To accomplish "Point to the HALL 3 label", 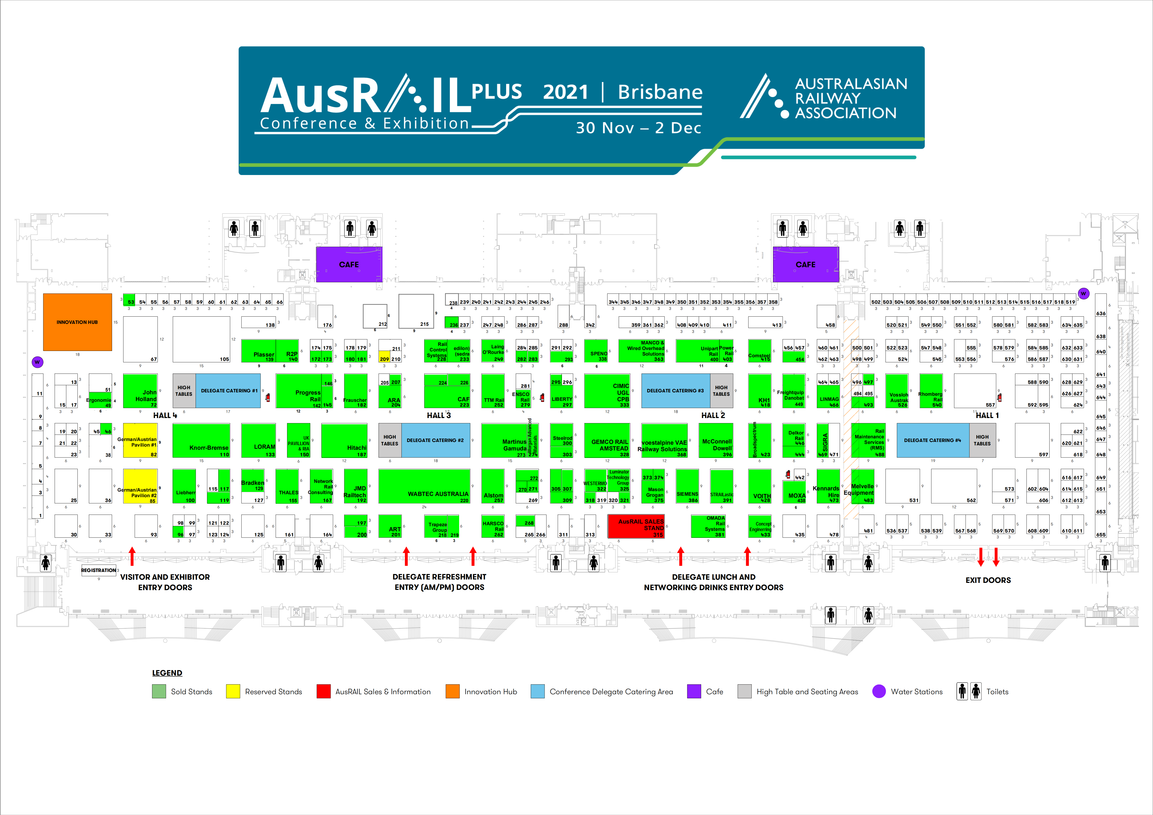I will point(438,415).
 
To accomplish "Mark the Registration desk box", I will point(99,571).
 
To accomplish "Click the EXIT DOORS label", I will point(988,580).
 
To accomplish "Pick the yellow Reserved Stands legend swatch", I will point(233,692).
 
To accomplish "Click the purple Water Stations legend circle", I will point(879,692).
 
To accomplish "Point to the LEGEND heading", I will point(167,673).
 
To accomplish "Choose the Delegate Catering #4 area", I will point(933,440).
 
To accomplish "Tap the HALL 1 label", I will point(987,415).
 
